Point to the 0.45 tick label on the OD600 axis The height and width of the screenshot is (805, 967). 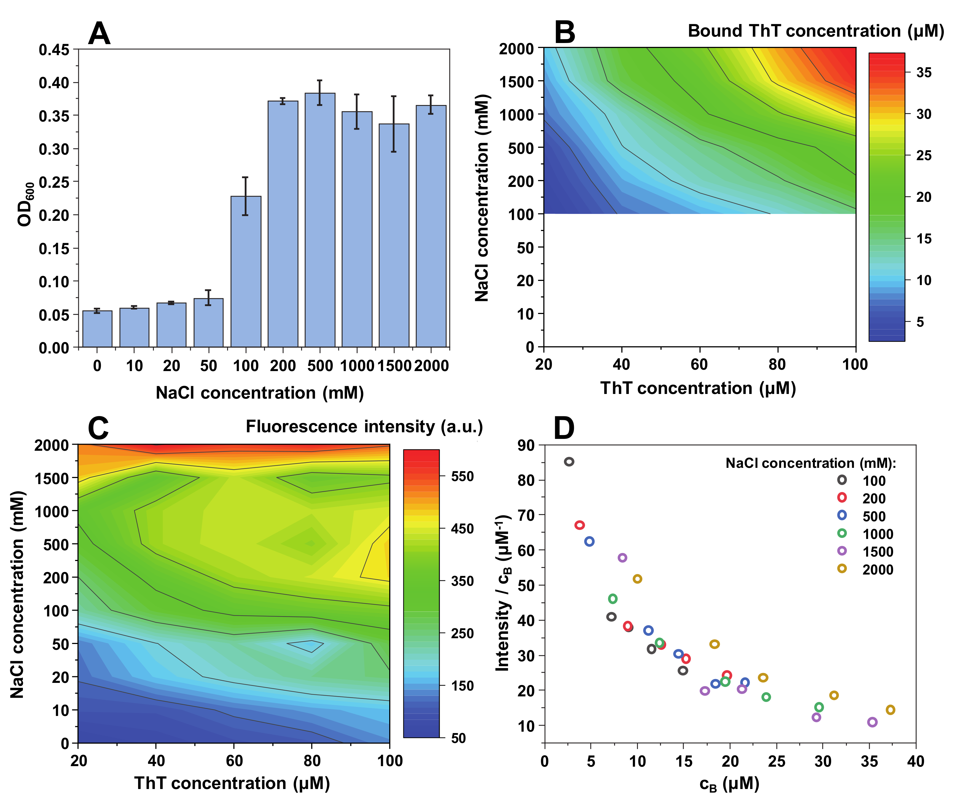tap(53, 50)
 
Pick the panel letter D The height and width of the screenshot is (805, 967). tap(564, 428)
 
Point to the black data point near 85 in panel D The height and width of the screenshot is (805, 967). tap(569, 461)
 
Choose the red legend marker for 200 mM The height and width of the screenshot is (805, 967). tap(842, 497)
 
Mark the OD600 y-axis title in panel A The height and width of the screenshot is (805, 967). tap(25, 205)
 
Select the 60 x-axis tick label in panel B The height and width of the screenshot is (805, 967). tap(699, 364)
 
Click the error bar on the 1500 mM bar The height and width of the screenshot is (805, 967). tap(394, 124)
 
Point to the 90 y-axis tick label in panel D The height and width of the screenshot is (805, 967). tap(526, 445)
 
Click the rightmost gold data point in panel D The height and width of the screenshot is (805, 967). tap(891, 710)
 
